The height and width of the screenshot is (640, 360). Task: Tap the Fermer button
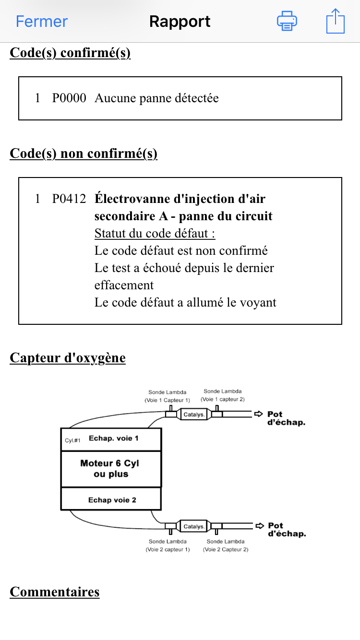(x=42, y=22)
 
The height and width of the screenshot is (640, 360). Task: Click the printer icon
(x=287, y=22)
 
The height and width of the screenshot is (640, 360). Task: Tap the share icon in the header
(x=335, y=22)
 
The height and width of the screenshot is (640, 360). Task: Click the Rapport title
(x=180, y=22)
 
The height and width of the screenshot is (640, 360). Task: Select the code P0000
(x=69, y=98)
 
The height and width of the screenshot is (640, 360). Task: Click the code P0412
(x=69, y=199)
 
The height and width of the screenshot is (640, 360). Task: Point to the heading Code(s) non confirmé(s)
(x=84, y=154)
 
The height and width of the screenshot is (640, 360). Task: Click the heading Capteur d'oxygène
(x=68, y=358)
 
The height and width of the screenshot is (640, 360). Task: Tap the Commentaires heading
(x=55, y=592)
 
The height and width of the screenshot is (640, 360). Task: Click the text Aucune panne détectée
(x=156, y=98)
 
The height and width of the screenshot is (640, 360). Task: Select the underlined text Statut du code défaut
(x=155, y=234)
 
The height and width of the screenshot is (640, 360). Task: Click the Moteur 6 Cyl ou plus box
(x=111, y=469)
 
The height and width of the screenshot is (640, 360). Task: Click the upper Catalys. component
(x=194, y=414)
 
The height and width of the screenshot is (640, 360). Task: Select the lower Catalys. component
(x=194, y=526)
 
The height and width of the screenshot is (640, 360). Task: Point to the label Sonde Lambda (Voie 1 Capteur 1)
(x=168, y=396)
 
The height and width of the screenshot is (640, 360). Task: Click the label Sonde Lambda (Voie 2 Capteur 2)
(x=226, y=545)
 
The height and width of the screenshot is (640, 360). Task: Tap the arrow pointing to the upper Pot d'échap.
(x=259, y=414)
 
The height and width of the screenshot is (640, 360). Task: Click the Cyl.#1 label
(x=72, y=440)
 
